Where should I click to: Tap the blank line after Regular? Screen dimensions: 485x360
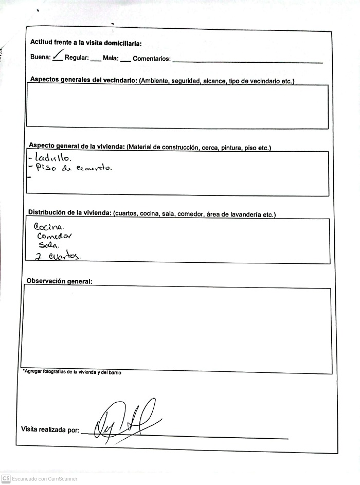click(96, 60)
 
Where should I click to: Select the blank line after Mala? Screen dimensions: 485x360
click(125, 60)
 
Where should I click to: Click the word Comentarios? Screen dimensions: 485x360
click(151, 59)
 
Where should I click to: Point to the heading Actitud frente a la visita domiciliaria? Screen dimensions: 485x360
click(86, 43)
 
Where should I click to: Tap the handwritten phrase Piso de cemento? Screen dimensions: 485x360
click(74, 168)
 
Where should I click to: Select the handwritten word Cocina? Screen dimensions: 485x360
click(49, 227)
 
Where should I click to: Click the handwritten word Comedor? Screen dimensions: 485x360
click(54, 236)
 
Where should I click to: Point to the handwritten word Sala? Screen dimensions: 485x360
click(49, 245)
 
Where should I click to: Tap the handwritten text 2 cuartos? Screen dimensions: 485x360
click(58, 256)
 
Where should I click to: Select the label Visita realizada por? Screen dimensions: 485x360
click(50, 429)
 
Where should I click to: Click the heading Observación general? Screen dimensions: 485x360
click(60, 281)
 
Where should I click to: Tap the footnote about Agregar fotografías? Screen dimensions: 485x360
click(73, 372)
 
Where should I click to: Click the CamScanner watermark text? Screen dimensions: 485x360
click(45, 479)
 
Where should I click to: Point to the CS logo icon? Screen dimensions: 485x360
click(6, 479)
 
